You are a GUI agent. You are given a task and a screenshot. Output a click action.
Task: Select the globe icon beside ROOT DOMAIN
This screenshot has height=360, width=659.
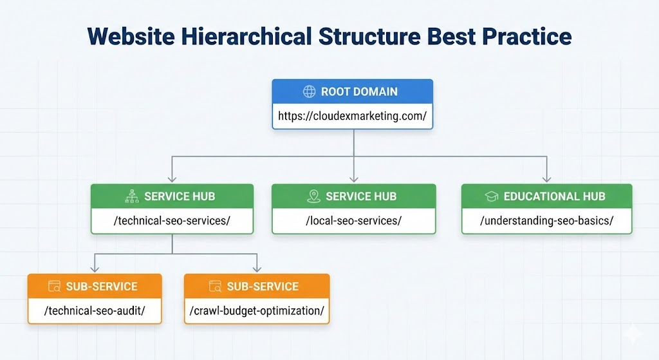point(309,92)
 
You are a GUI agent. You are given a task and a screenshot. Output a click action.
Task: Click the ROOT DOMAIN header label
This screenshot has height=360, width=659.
point(359,92)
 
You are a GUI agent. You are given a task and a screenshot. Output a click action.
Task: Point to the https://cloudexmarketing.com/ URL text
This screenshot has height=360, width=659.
point(352,117)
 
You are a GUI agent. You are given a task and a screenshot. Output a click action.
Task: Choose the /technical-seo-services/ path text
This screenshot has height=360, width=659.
point(172,221)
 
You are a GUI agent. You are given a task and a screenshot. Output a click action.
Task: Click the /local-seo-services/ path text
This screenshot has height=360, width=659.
point(353,221)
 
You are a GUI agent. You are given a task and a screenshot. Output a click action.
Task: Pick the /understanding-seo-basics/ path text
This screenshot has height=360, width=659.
point(546,221)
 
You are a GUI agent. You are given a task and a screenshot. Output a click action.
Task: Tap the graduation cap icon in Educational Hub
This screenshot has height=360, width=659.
point(491,196)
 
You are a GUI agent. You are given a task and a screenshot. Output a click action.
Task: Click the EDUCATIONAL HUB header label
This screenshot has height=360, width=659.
point(554,196)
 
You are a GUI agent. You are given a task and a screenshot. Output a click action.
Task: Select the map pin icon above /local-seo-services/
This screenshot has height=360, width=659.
point(313,196)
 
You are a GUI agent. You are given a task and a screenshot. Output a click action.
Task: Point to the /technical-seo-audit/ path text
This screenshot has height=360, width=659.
point(95,310)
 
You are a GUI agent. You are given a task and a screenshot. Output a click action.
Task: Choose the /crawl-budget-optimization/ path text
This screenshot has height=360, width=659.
point(257,310)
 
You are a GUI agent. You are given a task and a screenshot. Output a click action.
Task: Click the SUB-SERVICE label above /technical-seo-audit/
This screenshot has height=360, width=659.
point(102,286)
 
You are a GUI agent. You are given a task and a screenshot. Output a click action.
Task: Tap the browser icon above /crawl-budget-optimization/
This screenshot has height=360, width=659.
point(215,286)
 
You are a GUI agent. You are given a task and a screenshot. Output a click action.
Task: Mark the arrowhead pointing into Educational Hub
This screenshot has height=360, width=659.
point(546,178)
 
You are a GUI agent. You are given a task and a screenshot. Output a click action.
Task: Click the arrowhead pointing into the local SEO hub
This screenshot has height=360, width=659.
point(353,178)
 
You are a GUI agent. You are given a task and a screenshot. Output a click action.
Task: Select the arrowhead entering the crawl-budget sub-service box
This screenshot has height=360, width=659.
point(257,268)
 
